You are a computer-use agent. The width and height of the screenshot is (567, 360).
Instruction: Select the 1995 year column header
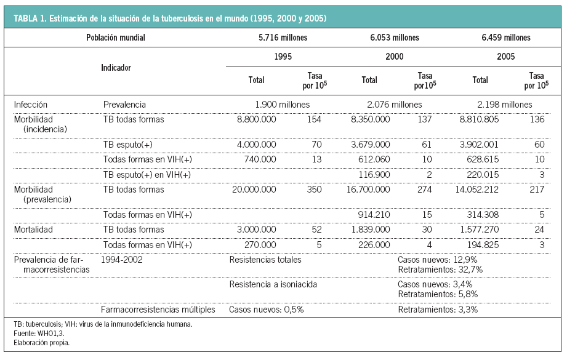(283, 57)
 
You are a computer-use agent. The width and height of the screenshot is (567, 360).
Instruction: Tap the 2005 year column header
(505, 57)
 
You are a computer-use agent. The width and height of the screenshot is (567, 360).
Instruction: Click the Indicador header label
(116, 68)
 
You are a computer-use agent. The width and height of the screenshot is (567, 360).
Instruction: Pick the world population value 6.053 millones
(394, 38)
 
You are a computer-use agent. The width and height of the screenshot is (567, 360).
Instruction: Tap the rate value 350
(314, 190)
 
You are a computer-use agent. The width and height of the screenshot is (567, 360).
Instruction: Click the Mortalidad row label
(33, 230)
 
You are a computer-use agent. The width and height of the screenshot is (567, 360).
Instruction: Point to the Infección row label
(30, 105)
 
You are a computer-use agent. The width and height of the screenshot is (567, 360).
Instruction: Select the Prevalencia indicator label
(124, 105)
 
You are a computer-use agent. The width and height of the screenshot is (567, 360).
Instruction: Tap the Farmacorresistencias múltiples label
(158, 310)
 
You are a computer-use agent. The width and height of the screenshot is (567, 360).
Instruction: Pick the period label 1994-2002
(123, 260)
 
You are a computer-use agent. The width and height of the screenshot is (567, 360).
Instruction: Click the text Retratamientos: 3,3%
(438, 310)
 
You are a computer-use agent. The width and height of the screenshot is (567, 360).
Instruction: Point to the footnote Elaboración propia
(41, 343)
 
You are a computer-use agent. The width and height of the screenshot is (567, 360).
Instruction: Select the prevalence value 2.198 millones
(504, 105)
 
